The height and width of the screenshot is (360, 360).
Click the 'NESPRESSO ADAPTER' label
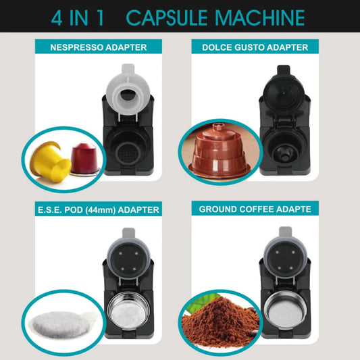point(99,47)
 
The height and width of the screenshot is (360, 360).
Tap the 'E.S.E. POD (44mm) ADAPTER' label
point(99,209)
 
